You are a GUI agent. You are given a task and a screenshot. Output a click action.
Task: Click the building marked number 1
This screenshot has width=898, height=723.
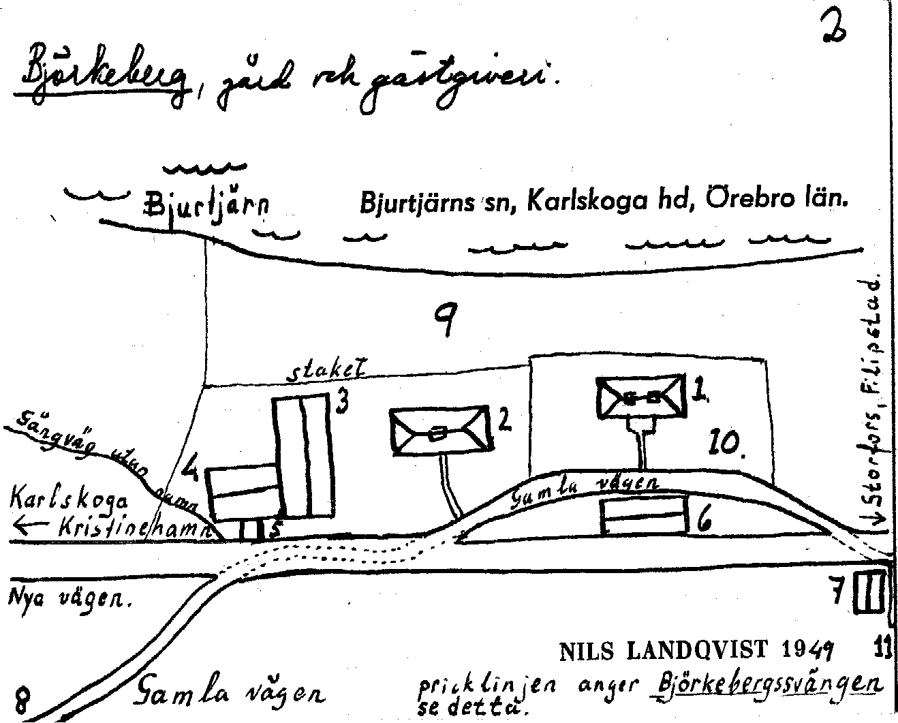click(x=640, y=397)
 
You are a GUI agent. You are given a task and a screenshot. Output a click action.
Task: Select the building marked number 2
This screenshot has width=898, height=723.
click(x=440, y=431)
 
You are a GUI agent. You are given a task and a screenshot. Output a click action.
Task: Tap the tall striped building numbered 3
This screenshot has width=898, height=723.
click(x=305, y=456)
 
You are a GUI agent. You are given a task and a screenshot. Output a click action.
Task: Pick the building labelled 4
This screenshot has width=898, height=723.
click(x=244, y=493)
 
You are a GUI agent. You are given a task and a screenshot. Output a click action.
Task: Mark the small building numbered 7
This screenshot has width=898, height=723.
click(x=871, y=593)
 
